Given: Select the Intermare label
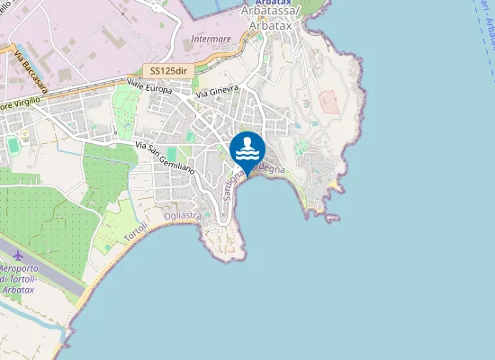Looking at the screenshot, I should coord(211,40).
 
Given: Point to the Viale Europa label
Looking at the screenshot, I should coord(148,87).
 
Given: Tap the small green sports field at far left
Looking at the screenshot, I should coord(13,144).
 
